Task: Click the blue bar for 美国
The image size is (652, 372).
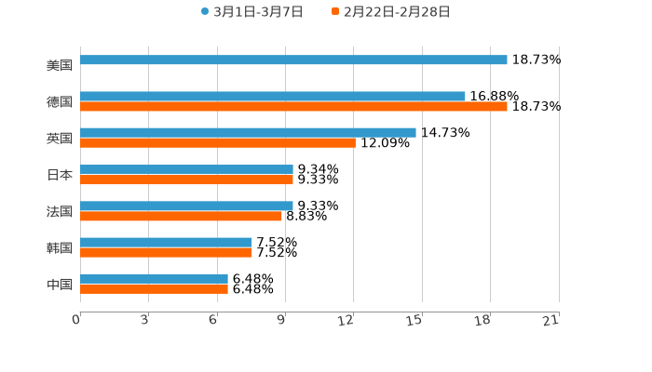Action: coord(293,60)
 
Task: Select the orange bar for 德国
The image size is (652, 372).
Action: coord(293,106)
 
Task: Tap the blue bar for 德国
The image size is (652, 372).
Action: coord(273,96)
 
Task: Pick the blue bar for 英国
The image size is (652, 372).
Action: coord(248,132)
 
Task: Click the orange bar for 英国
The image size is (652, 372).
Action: coord(217,142)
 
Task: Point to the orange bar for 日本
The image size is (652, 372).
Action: coord(186,179)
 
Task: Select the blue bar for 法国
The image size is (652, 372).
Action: coord(186,206)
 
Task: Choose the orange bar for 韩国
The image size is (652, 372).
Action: coord(166,252)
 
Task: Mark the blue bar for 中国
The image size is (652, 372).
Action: coord(154,278)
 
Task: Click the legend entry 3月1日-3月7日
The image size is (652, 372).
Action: coord(251,12)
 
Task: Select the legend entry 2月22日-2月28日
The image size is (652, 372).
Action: coord(390,12)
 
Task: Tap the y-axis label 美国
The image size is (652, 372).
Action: coord(60,65)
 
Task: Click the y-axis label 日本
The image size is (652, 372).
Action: coord(60,174)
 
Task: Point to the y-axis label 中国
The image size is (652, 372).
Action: coord(60,284)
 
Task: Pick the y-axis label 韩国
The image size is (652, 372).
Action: coord(60,247)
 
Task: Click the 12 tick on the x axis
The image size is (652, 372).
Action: coord(346,320)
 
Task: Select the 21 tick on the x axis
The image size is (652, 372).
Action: coord(551,320)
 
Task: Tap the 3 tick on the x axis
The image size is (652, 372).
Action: coord(144,320)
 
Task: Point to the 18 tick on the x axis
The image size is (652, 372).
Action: coord(483,320)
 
